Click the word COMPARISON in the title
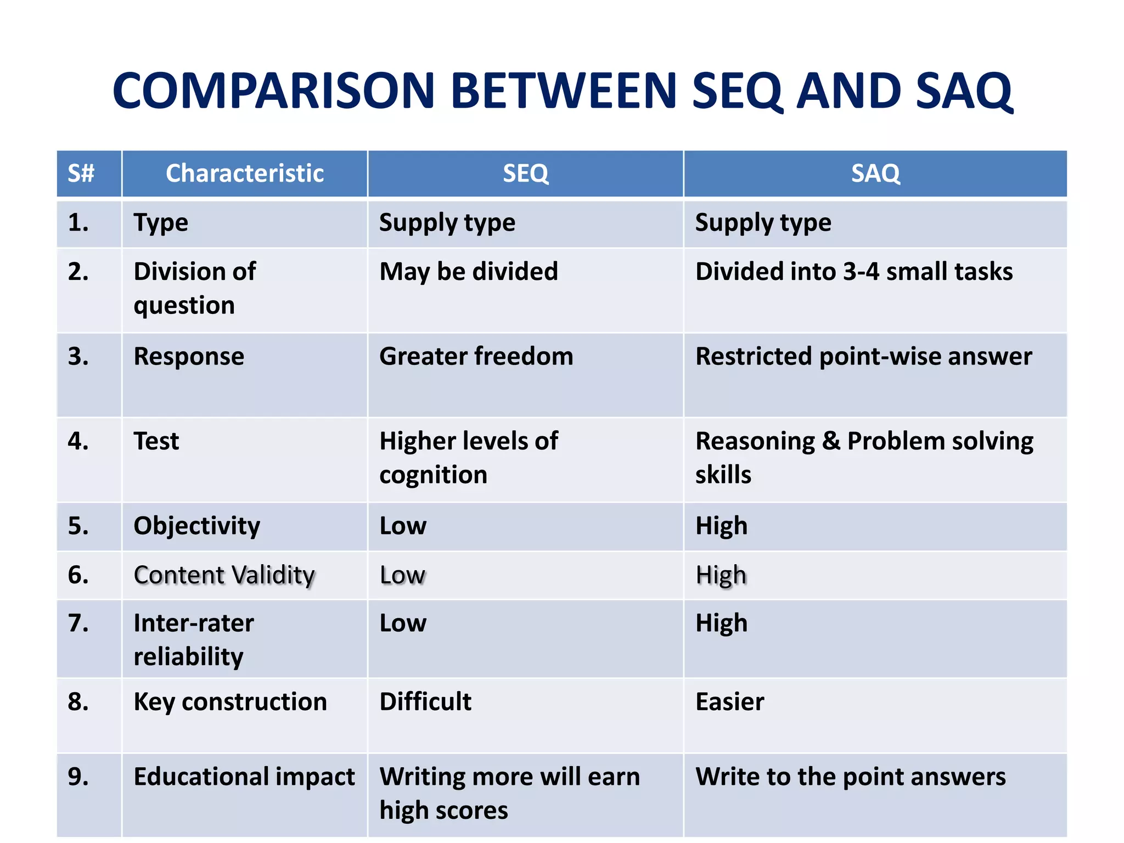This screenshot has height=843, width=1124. coord(273,91)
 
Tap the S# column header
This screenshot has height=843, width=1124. coord(81,173)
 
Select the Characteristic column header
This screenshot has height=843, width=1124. coord(245,173)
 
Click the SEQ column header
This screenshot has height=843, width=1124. coord(525,173)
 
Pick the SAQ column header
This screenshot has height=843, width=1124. coord(875,173)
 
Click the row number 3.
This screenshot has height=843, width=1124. coord(78,357)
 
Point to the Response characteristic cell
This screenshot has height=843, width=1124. coord(189,357)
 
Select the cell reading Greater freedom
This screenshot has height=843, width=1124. coord(476,357)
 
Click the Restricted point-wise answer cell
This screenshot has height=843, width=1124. coord(863,357)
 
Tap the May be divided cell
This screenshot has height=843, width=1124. coord(468,272)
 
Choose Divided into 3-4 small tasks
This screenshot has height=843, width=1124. coord(853,272)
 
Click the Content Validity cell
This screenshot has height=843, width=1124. coord(224,575)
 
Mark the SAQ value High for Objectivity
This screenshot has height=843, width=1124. coord(721,526)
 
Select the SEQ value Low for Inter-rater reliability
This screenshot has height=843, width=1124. coord(403,623)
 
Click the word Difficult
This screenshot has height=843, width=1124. coord(425,702)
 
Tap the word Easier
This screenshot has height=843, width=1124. coord(729,702)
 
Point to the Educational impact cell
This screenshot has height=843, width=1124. coord(244,777)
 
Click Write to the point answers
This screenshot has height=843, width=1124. coord(850,777)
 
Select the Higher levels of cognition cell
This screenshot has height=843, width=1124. coord(468,458)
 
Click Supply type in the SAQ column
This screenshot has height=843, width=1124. coord(763,223)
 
